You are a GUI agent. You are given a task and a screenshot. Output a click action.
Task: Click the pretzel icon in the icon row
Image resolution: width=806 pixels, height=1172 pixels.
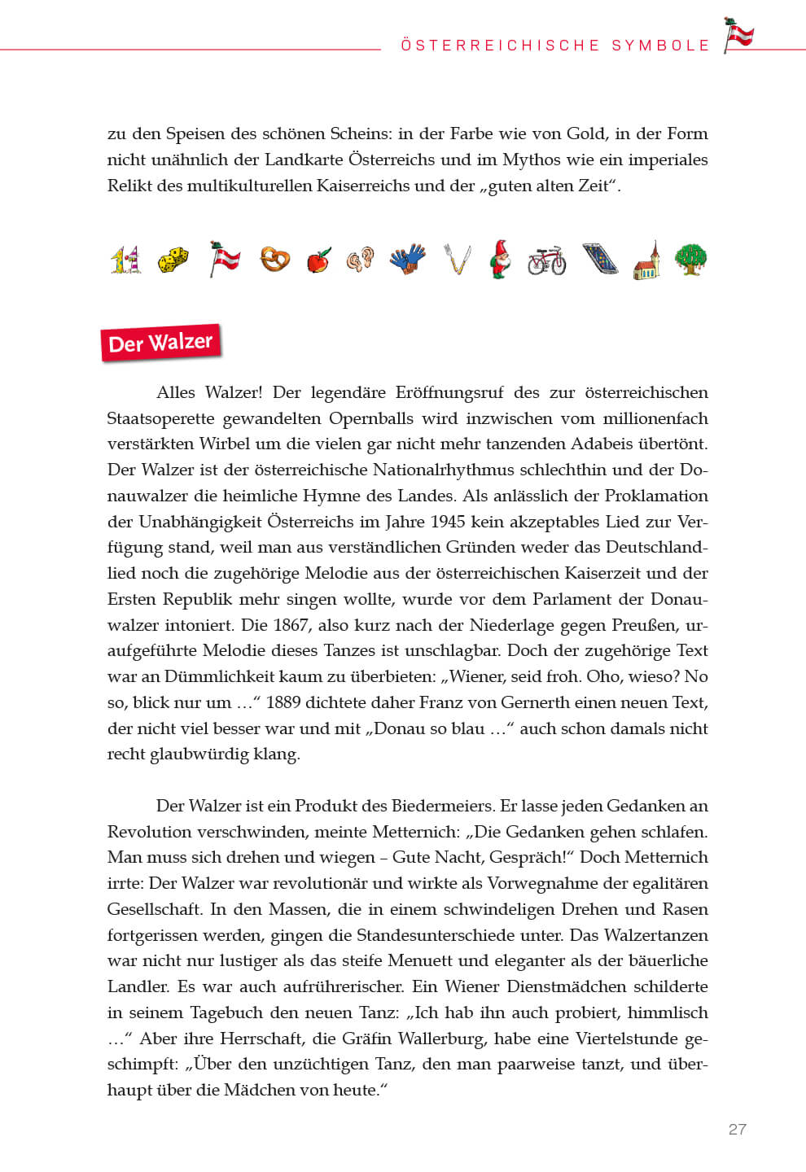click(x=274, y=260)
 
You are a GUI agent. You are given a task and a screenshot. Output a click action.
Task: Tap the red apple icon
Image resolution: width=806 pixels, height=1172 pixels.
click(x=318, y=260)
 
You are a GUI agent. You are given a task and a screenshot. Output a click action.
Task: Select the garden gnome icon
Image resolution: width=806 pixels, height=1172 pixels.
click(x=500, y=260)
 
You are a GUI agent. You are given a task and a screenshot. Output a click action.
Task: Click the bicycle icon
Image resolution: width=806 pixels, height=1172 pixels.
click(x=546, y=261)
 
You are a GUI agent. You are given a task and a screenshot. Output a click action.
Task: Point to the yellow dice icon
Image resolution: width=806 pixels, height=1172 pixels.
click(x=173, y=260)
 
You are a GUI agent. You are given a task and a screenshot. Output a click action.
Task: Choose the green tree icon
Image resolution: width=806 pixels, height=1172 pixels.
click(x=691, y=260)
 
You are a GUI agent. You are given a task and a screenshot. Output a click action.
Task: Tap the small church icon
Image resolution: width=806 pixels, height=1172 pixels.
click(x=646, y=260)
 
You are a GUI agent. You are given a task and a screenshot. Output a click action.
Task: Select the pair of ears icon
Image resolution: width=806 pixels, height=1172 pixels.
click(x=360, y=260)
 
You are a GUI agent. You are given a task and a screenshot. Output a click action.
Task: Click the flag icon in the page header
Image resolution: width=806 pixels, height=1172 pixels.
click(x=739, y=35)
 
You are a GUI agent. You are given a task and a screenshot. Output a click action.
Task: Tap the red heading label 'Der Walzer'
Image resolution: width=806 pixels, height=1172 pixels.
click(x=160, y=343)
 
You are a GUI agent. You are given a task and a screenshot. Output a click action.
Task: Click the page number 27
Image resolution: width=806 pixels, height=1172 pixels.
click(x=737, y=1129)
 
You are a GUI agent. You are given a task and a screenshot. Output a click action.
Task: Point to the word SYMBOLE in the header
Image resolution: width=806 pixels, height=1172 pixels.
click(x=661, y=46)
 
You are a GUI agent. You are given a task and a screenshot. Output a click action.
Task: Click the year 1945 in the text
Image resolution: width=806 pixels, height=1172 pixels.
click(x=448, y=522)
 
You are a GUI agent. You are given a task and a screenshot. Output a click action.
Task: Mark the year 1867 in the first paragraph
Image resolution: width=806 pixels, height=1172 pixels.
click(x=290, y=625)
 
